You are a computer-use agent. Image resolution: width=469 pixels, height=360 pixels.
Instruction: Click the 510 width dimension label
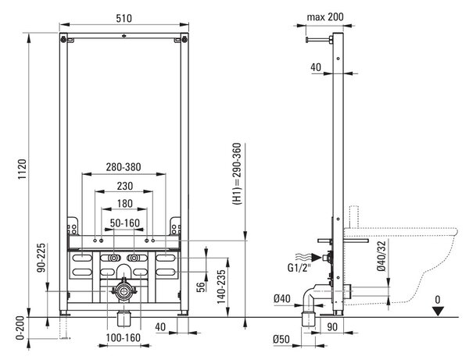point(124,18)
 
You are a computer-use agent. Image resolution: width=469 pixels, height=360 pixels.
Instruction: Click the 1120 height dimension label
point(22,169)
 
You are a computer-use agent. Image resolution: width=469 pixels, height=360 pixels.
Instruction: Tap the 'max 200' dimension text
point(325,17)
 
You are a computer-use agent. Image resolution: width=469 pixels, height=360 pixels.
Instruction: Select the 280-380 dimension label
point(124,167)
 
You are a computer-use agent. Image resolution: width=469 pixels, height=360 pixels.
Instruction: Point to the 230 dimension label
point(125,186)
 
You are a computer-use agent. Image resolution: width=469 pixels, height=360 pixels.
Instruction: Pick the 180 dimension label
point(125,204)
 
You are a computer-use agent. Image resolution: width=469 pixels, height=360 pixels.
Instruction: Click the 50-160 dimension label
point(125,223)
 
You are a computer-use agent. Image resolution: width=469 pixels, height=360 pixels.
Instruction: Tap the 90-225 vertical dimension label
point(41,258)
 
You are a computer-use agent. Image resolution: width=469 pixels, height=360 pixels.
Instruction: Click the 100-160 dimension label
point(124,337)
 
